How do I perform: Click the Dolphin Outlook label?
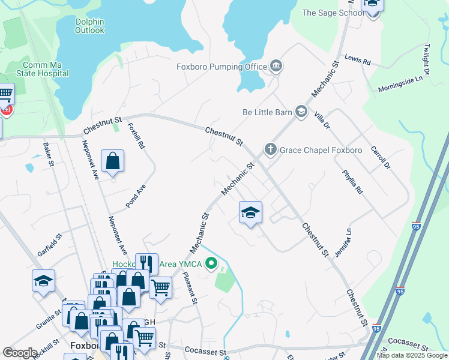click(90, 26)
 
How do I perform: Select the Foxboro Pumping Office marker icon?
click(276, 66)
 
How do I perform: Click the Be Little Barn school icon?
click(301, 112)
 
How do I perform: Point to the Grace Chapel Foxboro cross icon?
click(271, 149)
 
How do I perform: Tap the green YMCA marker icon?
click(211, 263)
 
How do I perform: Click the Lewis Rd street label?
click(358, 61)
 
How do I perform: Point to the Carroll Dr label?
click(381, 157)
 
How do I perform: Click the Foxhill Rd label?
click(136, 136)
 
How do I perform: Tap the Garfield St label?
click(50, 247)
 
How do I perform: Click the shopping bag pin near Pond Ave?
click(113, 160)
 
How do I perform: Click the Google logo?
click(20, 353)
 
